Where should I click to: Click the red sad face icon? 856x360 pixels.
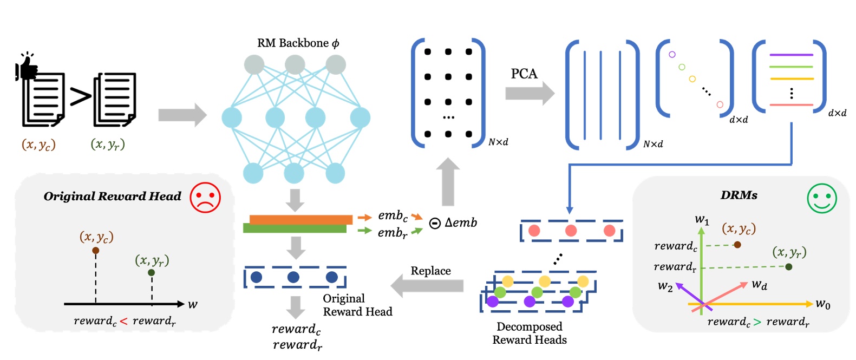pyautogui.click(x=205, y=197)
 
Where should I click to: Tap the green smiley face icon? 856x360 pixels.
pyautogui.click(x=821, y=198)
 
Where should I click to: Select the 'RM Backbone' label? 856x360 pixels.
pyautogui.click(x=298, y=43)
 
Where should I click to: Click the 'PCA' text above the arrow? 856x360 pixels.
pyautogui.click(x=524, y=74)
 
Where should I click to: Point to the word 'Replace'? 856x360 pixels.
pyautogui.click(x=430, y=271)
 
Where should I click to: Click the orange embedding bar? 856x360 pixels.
pyautogui.click(x=300, y=219)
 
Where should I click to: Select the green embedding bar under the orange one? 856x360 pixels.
pyautogui.click(x=295, y=228)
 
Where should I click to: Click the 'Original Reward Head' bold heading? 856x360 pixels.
pyautogui.click(x=112, y=197)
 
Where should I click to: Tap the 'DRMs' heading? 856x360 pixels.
pyautogui.click(x=739, y=195)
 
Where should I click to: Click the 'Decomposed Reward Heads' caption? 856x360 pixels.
pyautogui.click(x=529, y=333)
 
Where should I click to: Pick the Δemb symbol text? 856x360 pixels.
pyautogui.click(x=460, y=222)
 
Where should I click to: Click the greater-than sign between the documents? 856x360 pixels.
pyautogui.click(x=80, y=97)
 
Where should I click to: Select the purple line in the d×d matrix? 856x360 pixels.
pyautogui.click(x=791, y=55)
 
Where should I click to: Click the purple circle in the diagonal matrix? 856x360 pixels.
pyautogui.click(x=672, y=55)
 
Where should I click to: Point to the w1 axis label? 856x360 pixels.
pyautogui.click(x=702, y=220)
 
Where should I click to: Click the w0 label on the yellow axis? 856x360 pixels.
pyautogui.click(x=822, y=304)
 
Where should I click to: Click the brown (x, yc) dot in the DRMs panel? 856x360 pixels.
pyautogui.click(x=737, y=245)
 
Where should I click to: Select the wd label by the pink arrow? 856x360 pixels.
pyautogui.click(x=759, y=285)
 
